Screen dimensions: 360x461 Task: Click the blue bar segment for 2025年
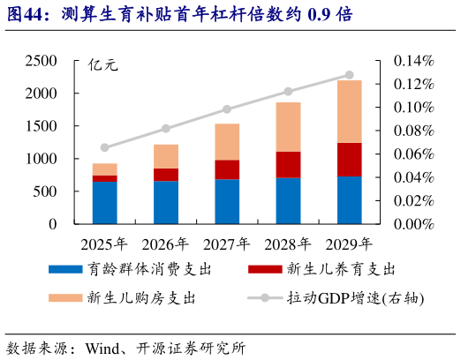104,202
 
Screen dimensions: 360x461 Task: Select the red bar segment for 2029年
349,160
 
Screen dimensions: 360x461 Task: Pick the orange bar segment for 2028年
288,127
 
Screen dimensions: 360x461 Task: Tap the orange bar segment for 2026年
165,156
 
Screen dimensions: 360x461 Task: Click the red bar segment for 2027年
227,169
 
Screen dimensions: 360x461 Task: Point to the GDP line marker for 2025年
104,147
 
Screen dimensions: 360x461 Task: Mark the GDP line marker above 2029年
349,75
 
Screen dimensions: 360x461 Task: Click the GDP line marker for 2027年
227,109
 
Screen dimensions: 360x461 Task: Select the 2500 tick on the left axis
42,61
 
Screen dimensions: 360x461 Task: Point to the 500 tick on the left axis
46,191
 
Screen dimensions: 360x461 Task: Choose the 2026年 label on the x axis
165,244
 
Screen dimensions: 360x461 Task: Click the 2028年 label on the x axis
288,244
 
